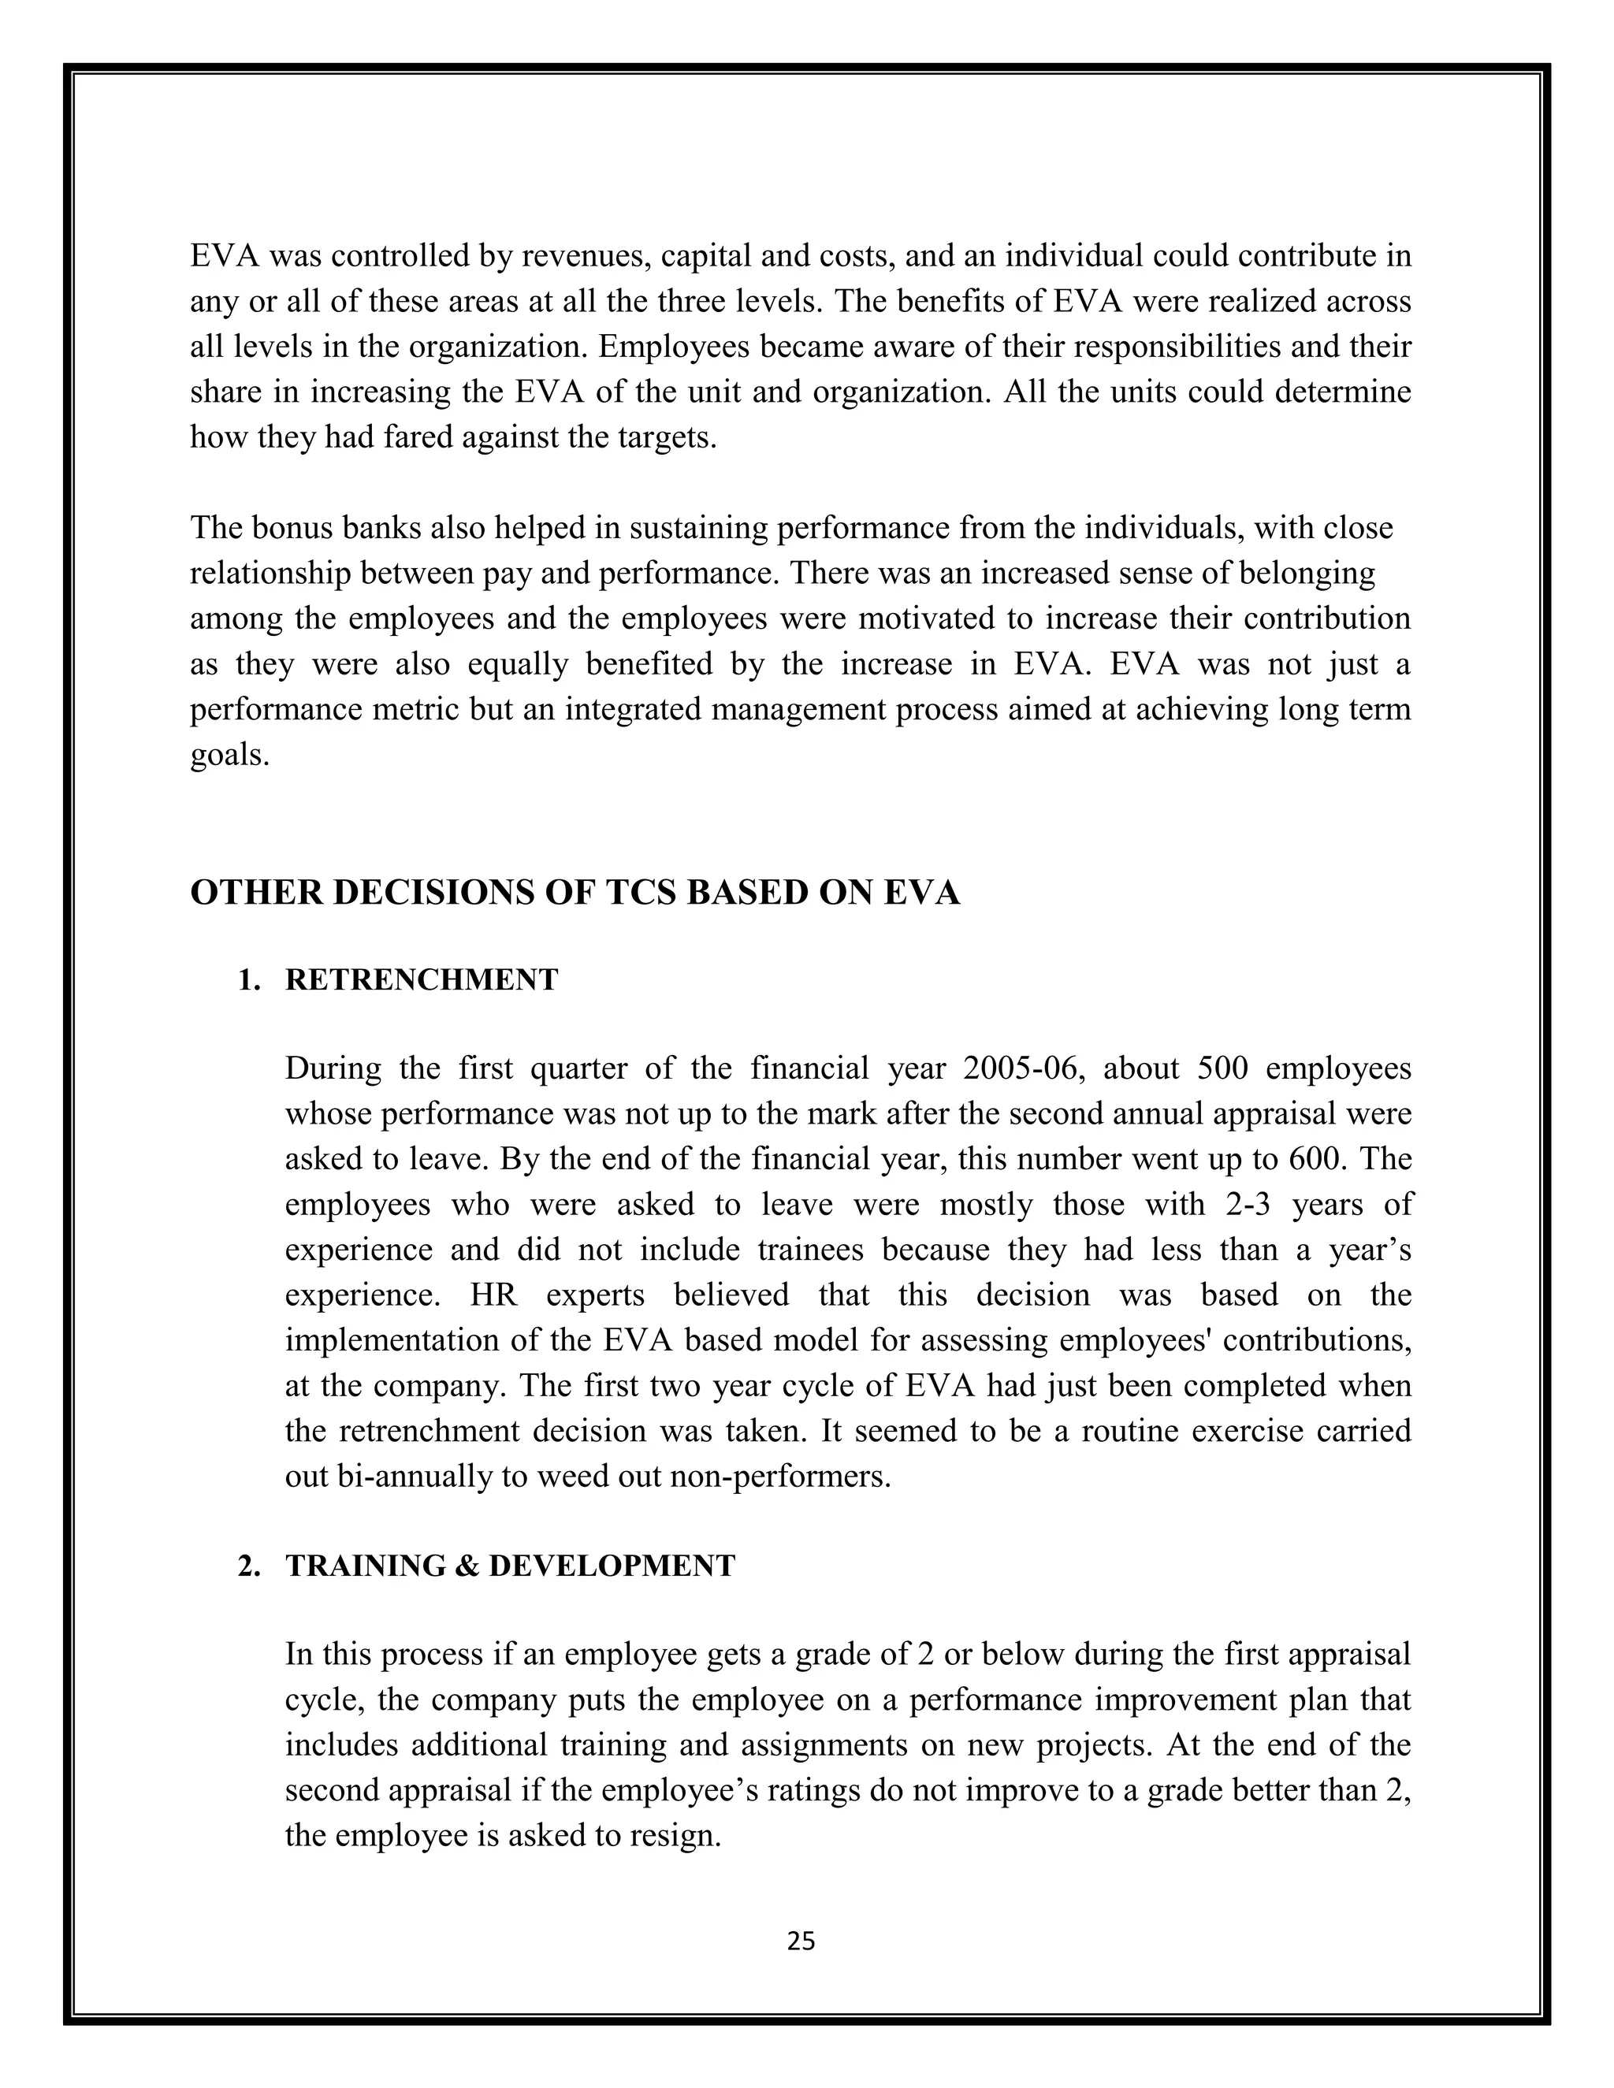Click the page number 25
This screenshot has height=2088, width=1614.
click(801, 1940)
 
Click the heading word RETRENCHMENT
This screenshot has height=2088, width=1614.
click(422, 980)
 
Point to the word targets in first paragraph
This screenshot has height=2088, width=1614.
click(668, 438)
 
